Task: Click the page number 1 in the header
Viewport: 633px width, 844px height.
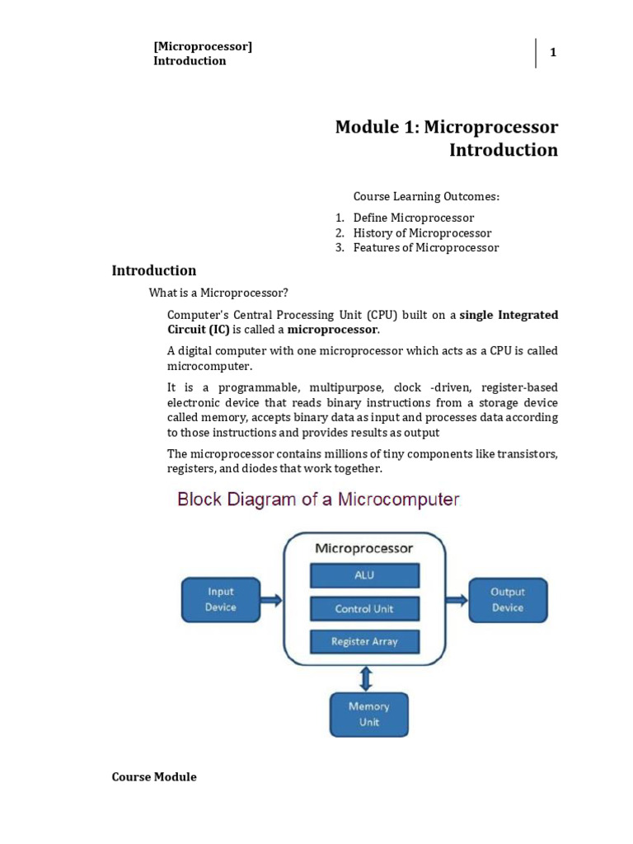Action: click(x=554, y=53)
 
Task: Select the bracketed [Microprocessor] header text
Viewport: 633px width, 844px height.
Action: click(x=203, y=46)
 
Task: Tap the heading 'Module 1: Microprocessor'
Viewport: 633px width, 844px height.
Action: click(x=446, y=128)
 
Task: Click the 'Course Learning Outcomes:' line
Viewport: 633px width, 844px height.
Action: click(x=426, y=197)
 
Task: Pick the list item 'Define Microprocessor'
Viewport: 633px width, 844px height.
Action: click(x=414, y=218)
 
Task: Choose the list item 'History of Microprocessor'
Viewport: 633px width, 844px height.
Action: click(x=422, y=232)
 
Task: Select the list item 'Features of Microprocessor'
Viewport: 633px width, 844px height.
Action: click(x=426, y=247)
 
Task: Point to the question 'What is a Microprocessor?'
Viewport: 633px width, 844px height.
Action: click(x=218, y=293)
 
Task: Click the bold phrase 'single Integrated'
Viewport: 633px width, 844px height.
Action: click(x=509, y=315)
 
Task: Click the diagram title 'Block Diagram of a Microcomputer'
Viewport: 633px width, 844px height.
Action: click(x=317, y=499)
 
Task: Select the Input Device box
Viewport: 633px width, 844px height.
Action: click(x=220, y=599)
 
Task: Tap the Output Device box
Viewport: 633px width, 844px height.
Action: click(x=507, y=599)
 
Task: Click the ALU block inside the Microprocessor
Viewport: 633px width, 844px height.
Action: click(x=364, y=575)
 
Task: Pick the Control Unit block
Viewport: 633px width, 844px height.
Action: click(x=364, y=609)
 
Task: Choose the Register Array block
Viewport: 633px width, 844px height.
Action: click(x=364, y=641)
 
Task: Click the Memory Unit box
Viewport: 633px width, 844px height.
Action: click(x=368, y=714)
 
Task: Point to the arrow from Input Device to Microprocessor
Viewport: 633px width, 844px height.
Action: click(x=271, y=599)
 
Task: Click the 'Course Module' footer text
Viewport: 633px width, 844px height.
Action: click(x=154, y=776)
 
